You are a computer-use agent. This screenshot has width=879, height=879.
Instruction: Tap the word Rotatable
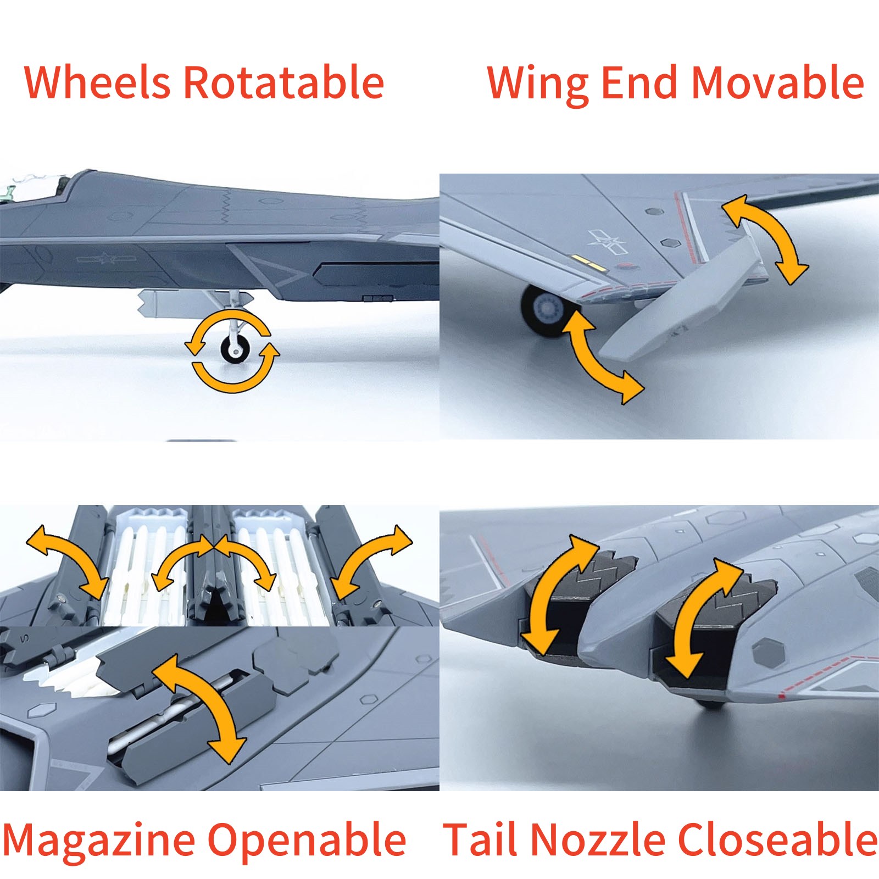283,82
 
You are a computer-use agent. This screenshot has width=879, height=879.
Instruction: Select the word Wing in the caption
538,85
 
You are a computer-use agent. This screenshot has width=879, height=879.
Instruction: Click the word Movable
777,82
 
